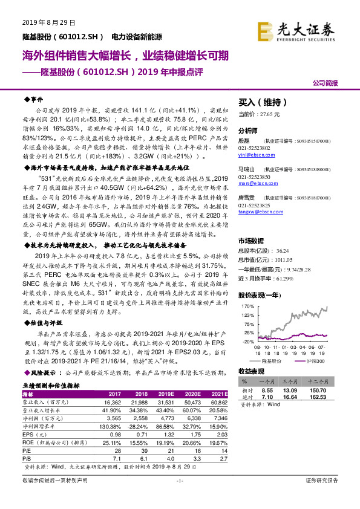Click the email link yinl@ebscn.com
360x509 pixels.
pyautogui.click(x=253, y=154)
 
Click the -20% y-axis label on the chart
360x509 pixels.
pyautogui.click(x=246, y=342)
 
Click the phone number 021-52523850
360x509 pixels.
pyautogui.click(x=254, y=177)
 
